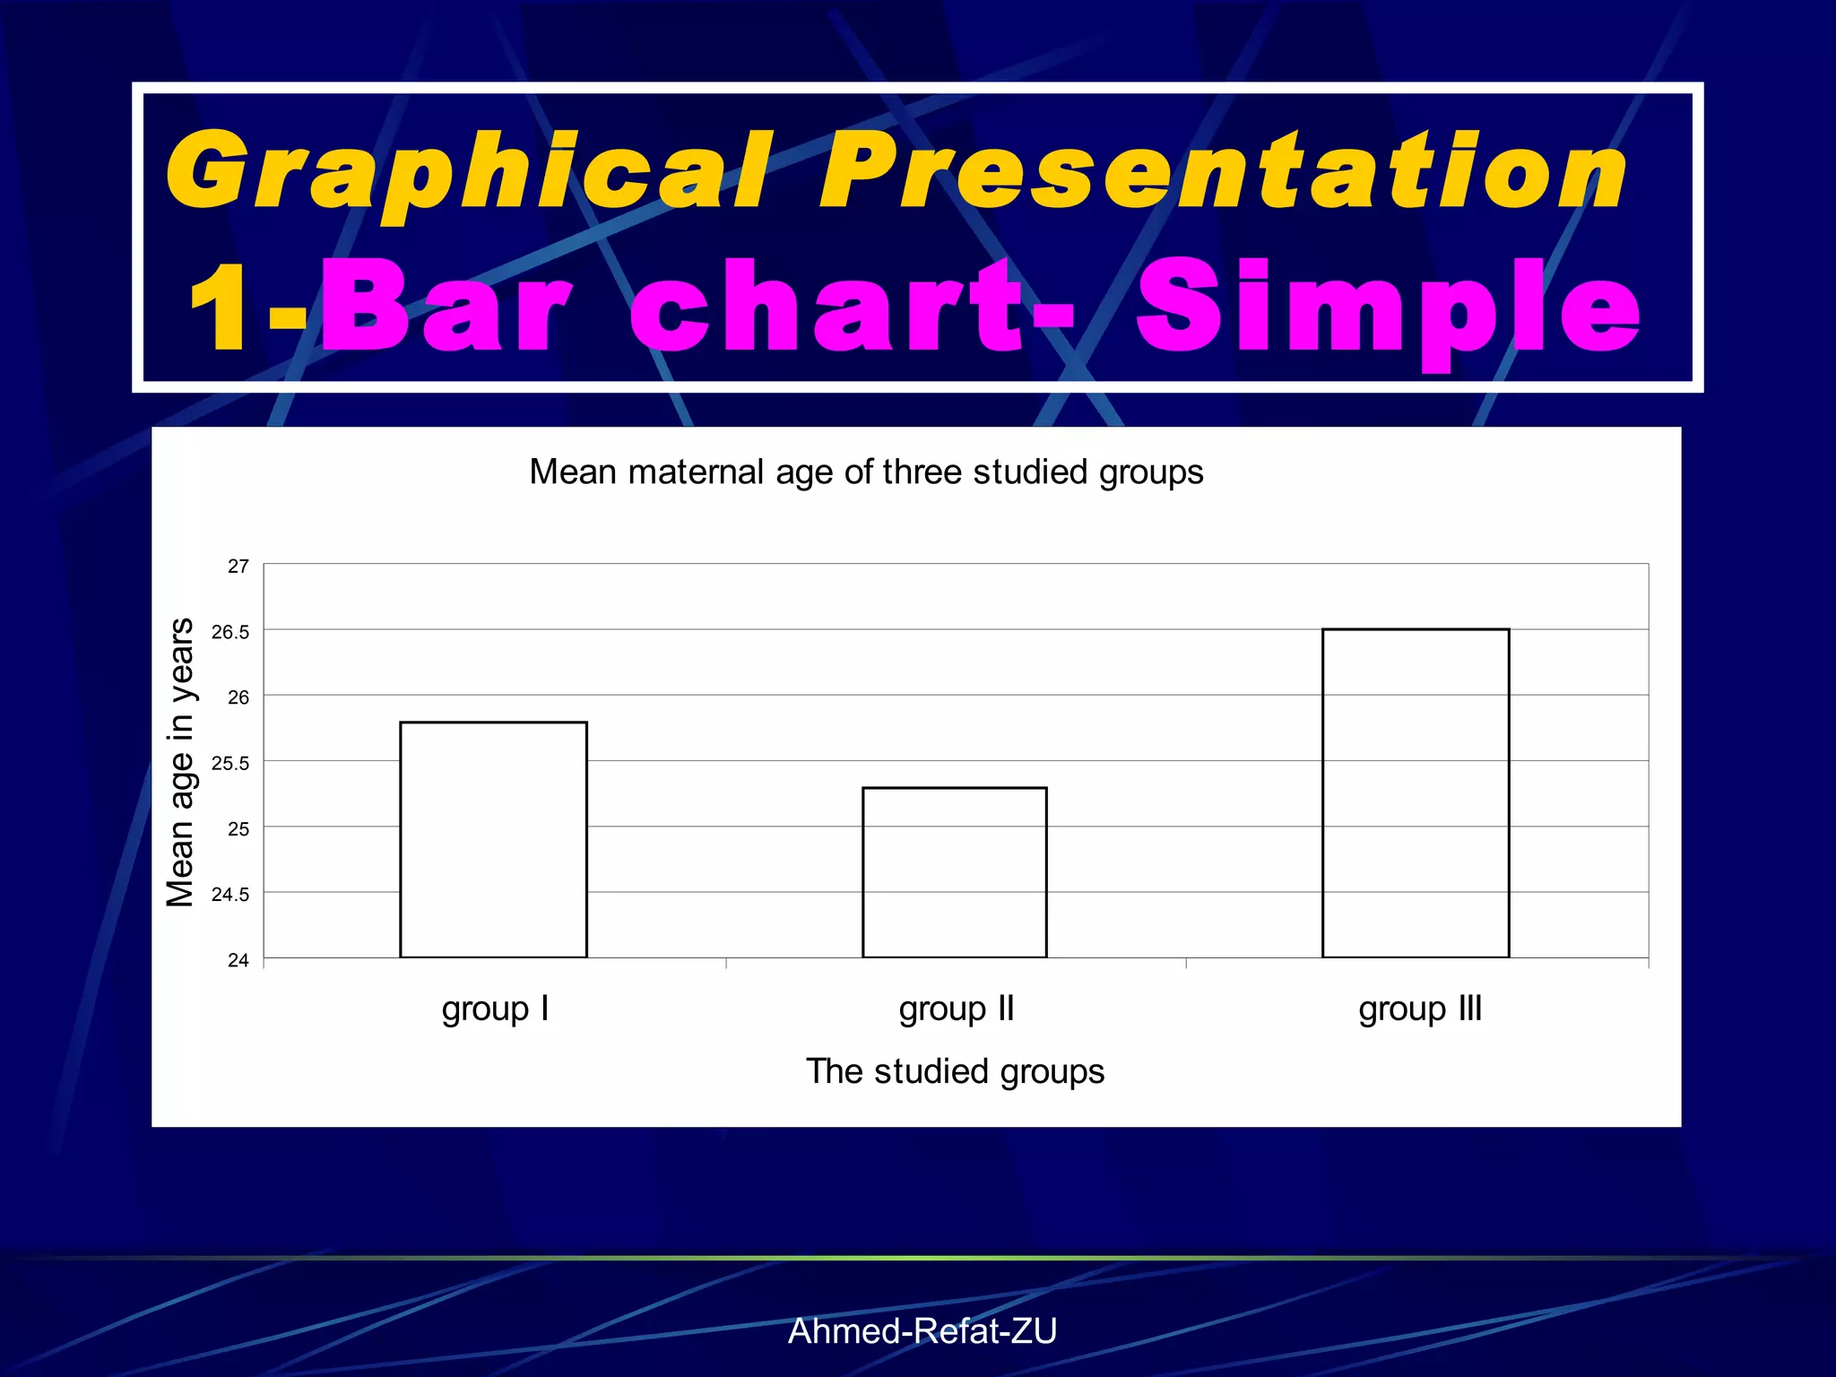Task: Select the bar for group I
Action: coord(493,839)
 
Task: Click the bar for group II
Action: coord(954,872)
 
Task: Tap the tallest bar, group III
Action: coord(1416,793)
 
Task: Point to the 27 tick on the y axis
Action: coord(238,567)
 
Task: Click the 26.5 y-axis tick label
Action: coord(230,632)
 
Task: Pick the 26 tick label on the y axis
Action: coord(238,697)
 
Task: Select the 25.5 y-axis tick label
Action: coord(230,764)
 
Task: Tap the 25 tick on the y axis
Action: coord(238,829)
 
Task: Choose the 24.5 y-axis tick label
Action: coord(230,895)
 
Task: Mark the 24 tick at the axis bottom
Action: coord(238,960)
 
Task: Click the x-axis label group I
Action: coord(495,1009)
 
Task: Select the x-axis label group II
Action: coord(957,1009)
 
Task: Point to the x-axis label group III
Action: coord(1420,1009)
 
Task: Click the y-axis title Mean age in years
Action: coord(180,762)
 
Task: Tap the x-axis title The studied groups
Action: coord(955,1071)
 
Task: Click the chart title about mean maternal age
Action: coord(866,472)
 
